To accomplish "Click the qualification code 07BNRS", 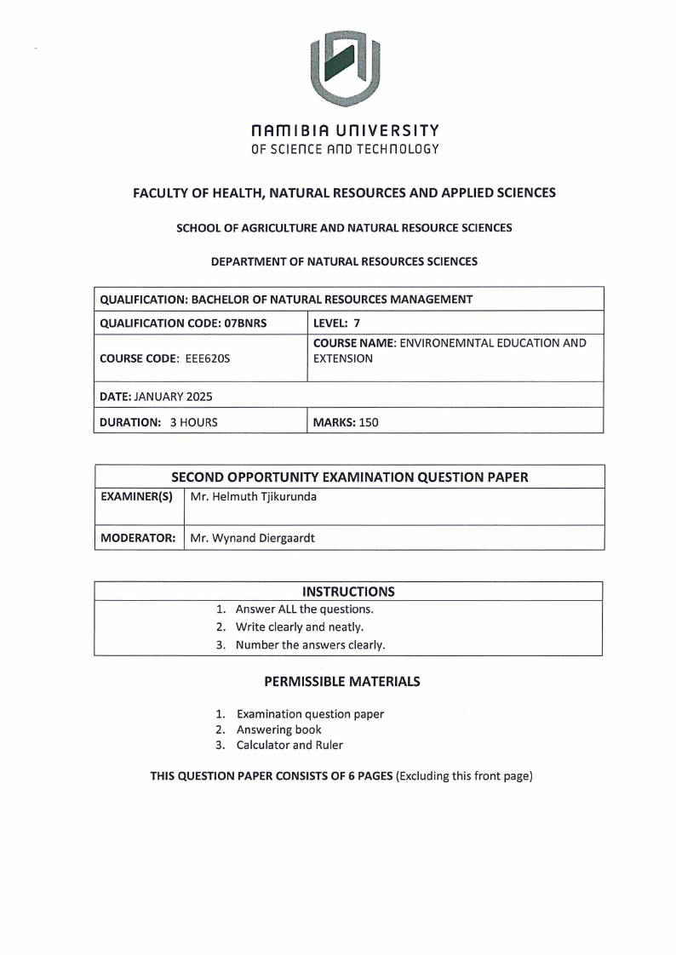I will point(262,323).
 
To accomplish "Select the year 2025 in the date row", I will point(197,396).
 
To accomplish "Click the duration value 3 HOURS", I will point(192,422).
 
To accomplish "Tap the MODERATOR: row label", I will point(138,538).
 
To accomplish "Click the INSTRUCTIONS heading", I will point(348,592).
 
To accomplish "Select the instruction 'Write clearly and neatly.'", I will point(299,627).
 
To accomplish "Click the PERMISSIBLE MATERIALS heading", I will point(341,682).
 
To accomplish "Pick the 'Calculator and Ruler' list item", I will point(289,745).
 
